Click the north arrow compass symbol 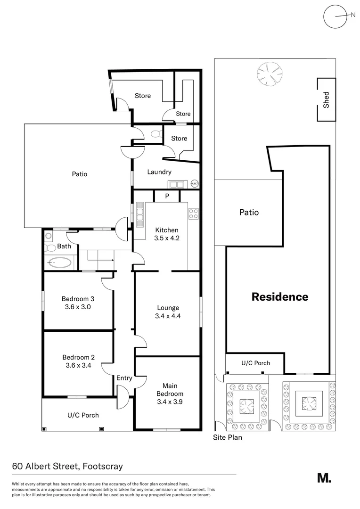[x=335, y=16]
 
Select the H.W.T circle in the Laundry [x=195, y=183]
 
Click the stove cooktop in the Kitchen [x=193, y=214]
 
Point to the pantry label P [x=167, y=196]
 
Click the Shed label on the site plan [x=326, y=100]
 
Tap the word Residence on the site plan [x=279, y=297]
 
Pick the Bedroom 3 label [x=78, y=299]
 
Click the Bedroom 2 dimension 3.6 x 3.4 [x=78, y=365]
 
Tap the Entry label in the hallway [x=124, y=378]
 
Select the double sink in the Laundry [x=177, y=184]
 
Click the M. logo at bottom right [x=324, y=477]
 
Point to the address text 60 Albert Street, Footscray [x=67, y=467]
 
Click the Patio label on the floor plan [x=80, y=174]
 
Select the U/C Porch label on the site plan [x=255, y=363]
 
